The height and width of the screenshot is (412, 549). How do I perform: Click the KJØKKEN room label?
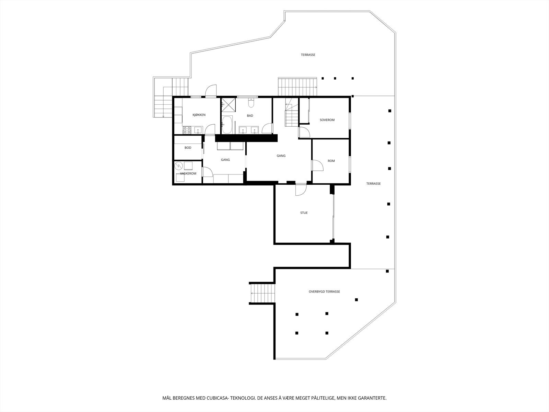point(199,115)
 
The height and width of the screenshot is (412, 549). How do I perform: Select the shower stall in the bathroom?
point(226,104)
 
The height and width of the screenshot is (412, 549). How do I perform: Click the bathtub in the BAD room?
point(227,125)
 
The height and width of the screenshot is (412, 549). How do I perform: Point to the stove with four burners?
point(187,130)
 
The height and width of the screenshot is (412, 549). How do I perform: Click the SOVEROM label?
point(327,120)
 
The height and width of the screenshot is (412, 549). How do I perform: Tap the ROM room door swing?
point(318,165)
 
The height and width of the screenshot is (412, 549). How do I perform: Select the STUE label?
point(304,213)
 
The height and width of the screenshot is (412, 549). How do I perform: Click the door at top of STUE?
point(301,190)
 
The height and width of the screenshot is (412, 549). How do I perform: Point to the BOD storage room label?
point(188,148)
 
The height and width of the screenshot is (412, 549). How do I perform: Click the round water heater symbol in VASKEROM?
point(178,167)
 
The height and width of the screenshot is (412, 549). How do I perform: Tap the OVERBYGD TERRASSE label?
point(324,291)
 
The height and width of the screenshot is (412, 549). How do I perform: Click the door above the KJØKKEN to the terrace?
point(211,91)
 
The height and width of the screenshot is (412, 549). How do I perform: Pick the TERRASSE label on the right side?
point(373,184)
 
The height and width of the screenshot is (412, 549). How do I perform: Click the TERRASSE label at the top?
point(308,55)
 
